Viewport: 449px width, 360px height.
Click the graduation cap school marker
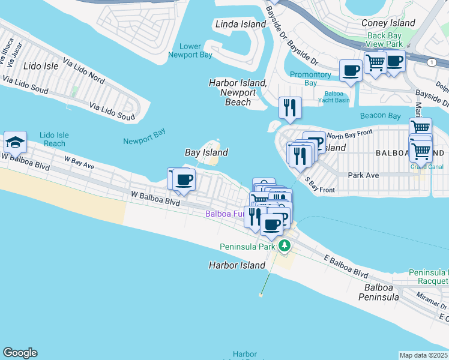click(x=15, y=142)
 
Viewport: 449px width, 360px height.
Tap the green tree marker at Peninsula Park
click(x=285, y=245)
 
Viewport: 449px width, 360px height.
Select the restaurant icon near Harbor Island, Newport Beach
click(x=290, y=108)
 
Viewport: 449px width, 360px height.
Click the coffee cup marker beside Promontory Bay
click(x=351, y=70)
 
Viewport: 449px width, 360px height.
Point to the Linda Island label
click(x=240, y=25)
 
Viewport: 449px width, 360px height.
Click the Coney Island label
click(x=388, y=23)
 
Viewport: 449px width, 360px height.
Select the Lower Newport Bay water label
click(x=198, y=51)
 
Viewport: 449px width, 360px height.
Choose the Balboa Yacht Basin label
click(x=337, y=97)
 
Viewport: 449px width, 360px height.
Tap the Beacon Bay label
click(x=380, y=116)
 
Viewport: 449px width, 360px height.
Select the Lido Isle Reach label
click(x=55, y=139)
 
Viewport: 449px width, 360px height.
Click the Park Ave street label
click(x=363, y=175)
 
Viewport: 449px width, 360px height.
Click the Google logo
click(x=20, y=353)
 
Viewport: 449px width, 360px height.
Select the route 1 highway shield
click(x=432, y=62)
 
